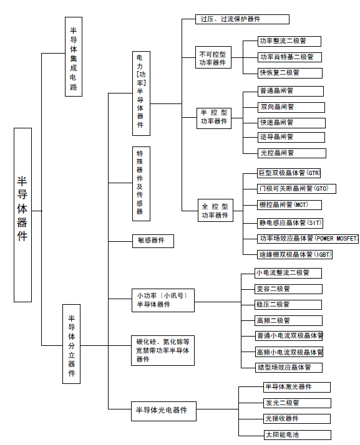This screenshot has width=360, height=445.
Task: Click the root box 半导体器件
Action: coord(22,215)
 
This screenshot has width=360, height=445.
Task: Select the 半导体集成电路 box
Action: coord(74,57)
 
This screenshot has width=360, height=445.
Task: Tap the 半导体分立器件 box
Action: coord(71,344)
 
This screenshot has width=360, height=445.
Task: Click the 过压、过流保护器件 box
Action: coord(242,19)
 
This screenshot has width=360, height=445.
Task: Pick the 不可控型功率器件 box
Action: coord(213,57)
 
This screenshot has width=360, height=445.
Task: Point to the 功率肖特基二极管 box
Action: coord(289,57)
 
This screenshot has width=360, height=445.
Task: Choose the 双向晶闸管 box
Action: coord(291,107)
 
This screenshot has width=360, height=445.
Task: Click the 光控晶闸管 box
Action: coord(292,153)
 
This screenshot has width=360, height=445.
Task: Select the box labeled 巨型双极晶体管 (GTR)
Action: coord(289,173)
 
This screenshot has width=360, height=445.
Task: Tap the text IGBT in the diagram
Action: coord(323,254)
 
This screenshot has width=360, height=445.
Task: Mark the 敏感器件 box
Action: coord(153,241)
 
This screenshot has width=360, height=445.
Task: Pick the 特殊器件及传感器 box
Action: coord(141,184)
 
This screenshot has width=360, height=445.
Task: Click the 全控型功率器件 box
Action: coord(215,210)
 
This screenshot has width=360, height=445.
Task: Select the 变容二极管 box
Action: coord(289,289)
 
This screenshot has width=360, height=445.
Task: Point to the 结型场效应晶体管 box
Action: coord(289,368)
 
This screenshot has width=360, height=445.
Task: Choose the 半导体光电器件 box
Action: coord(163,411)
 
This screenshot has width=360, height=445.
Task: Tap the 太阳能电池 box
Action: coord(297,435)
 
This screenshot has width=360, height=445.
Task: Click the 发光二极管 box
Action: coord(297,403)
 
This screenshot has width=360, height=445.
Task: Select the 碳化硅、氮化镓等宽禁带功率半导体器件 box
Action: coord(163,350)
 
